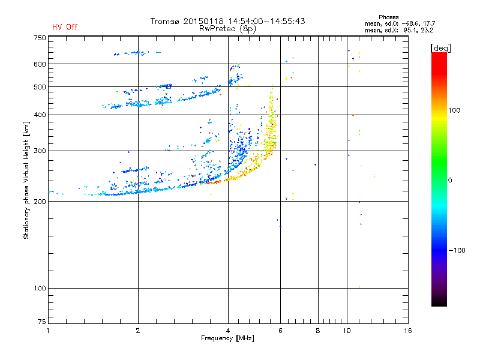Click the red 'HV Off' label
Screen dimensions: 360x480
(x=64, y=27)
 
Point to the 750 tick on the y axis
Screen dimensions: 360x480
(x=40, y=38)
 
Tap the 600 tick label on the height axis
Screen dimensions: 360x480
(x=40, y=64)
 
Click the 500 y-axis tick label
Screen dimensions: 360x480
(x=40, y=87)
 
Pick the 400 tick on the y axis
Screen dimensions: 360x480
(x=40, y=115)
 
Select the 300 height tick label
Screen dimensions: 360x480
(x=40, y=151)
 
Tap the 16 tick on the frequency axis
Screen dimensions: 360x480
(x=407, y=331)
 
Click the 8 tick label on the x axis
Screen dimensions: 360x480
(x=318, y=331)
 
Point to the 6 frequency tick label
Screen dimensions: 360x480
(x=280, y=331)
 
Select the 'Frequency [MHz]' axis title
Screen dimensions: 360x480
(x=227, y=338)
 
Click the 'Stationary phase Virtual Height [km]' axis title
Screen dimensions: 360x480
(x=26, y=180)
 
